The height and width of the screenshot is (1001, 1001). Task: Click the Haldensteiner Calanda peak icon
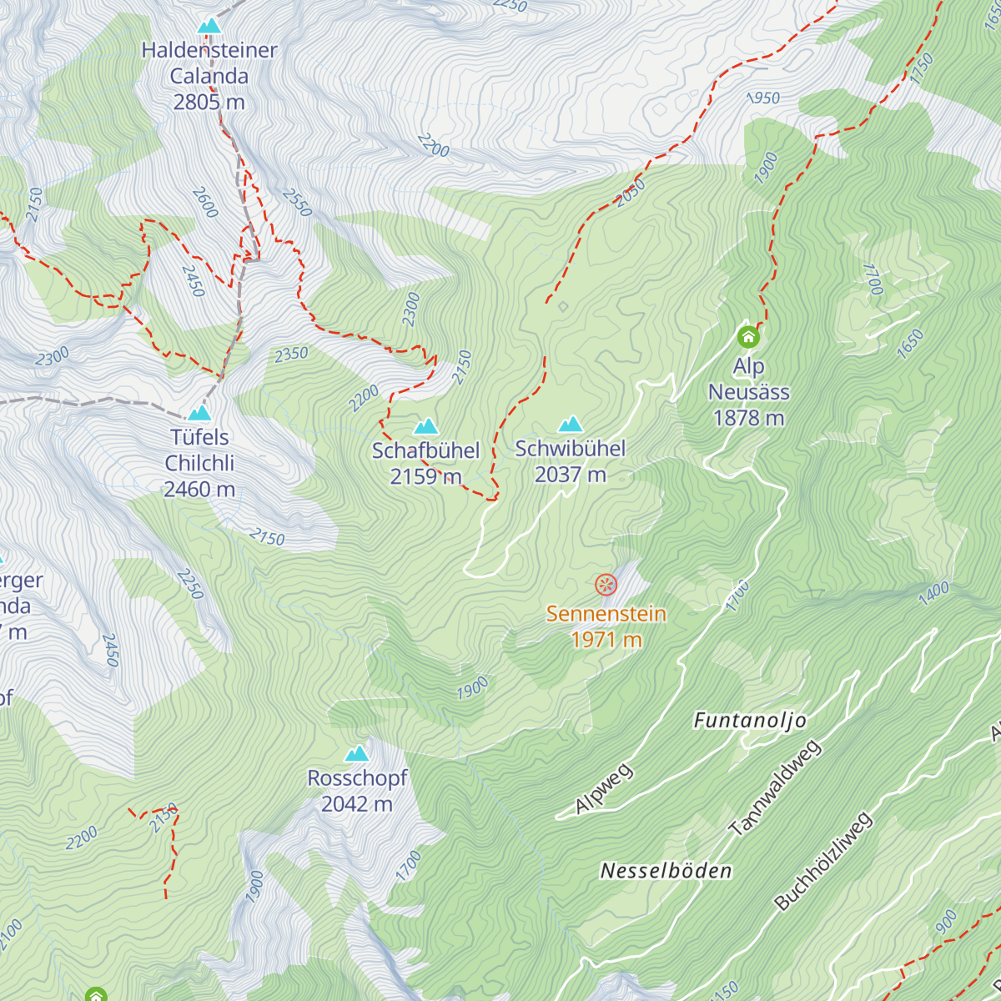[x=209, y=26]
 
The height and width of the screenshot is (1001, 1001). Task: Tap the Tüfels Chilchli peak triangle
[x=199, y=413]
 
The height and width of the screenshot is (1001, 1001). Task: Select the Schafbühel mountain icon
[x=426, y=427]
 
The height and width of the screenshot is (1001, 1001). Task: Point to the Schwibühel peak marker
[x=571, y=425]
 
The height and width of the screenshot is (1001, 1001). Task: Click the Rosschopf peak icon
[x=357, y=754]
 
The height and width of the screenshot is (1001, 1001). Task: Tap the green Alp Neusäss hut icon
[x=748, y=337]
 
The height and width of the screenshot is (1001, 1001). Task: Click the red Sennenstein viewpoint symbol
[x=606, y=585]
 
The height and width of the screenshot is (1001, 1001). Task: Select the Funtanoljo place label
[x=750, y=721]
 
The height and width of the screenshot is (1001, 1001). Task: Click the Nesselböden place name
[x=666, y=871]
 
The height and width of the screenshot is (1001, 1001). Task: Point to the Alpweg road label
[x=605, y=787]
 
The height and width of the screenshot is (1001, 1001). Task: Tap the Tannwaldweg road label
[x=775, y=787]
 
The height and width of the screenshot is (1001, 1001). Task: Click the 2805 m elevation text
[x=209, y=102]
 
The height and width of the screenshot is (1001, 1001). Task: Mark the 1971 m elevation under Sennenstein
[x=606, y=640]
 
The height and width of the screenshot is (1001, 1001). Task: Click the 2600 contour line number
[x=205, y=202]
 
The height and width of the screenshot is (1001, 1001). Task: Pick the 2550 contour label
[x=297, y=202]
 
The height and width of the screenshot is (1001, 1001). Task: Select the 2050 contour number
[x=631, y=193]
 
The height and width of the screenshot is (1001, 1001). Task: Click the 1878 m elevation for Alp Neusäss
[x=749, y=417]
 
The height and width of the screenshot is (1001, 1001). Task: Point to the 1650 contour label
[x=910, y=344]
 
